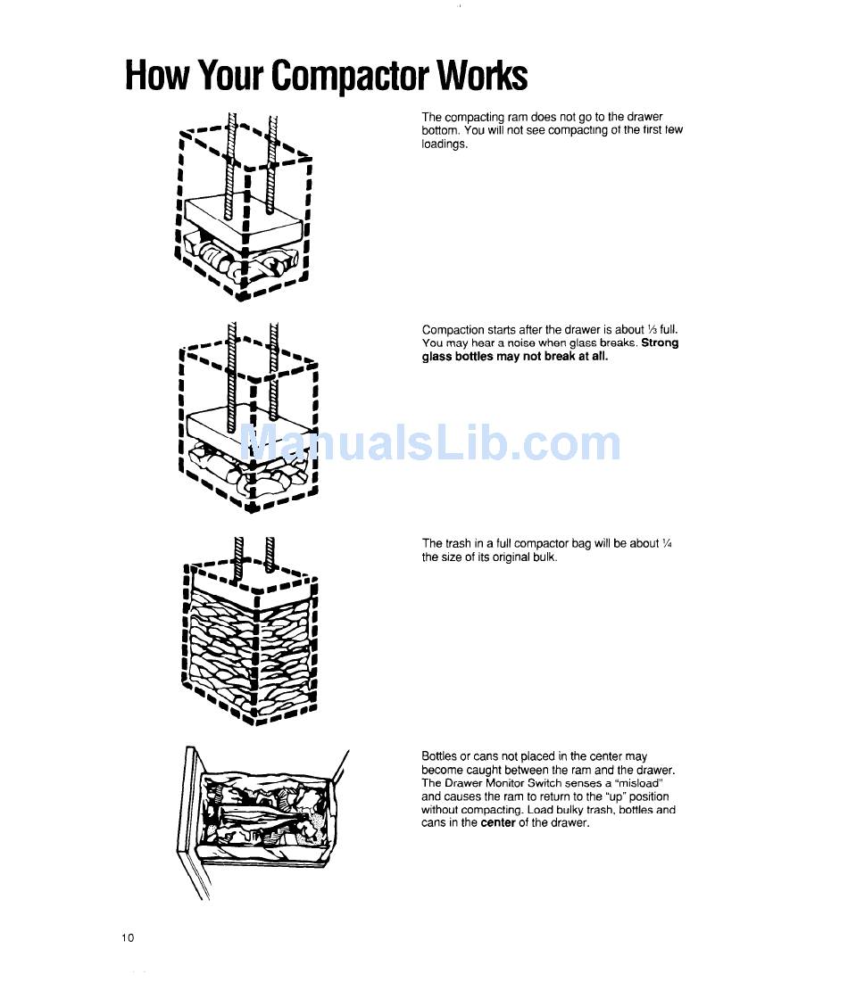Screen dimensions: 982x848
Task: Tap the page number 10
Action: pos(128,937)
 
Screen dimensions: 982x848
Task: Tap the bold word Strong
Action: pos(660,343)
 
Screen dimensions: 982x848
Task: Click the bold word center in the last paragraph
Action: pos(498,823)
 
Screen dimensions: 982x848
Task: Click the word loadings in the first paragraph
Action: pos(444,144)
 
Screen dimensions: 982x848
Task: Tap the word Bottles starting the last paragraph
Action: pos(439,756)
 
